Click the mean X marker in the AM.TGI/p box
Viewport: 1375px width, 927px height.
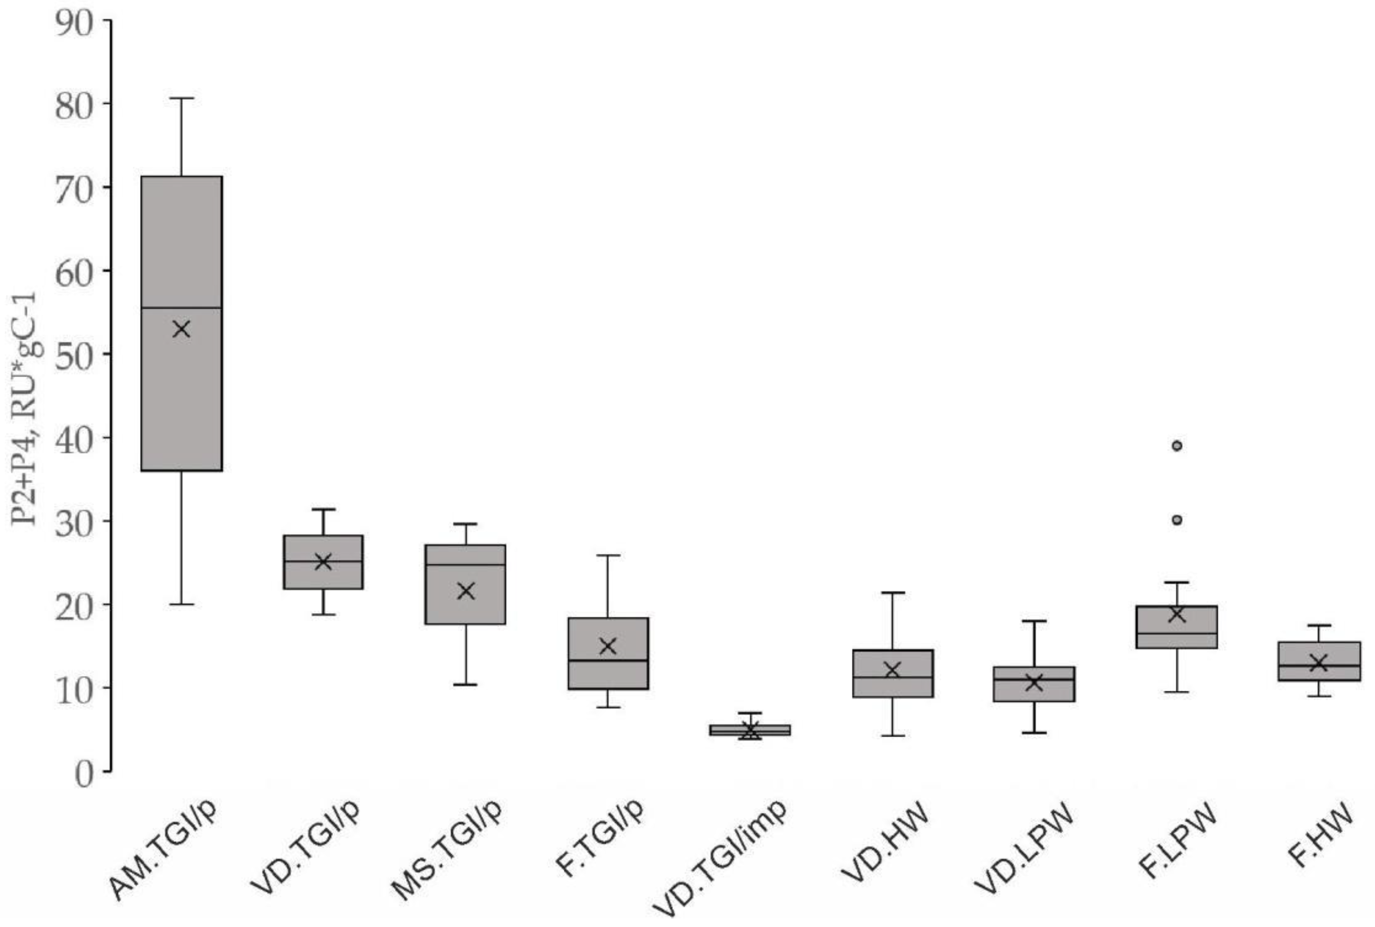coord(182,329)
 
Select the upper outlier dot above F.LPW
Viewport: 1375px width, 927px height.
coord(1177,446)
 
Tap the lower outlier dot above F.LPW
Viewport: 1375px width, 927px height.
coord(1177,520)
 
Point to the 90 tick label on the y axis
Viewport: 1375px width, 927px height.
coord(75,23)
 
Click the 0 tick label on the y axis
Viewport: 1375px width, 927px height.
coord(84,774)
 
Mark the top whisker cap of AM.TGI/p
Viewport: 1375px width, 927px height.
coord(182,98)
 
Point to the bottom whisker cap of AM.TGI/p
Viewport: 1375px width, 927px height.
coord(182,604)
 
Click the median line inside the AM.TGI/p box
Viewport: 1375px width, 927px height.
coord(182,308)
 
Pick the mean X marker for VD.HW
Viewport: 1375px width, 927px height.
coord(893,670)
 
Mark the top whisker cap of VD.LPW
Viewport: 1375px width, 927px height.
coord(1034,621)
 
